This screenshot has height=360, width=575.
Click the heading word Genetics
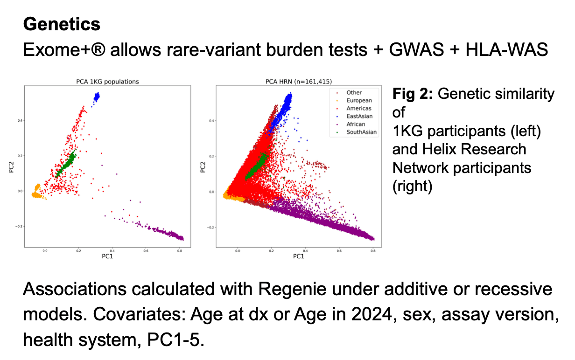click(x=62, y=24)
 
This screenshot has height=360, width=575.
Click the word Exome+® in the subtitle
click(x=66, y=49)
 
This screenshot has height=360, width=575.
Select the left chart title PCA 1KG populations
click(x=107, y=82)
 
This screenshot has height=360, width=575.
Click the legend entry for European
click(x=359, y=100)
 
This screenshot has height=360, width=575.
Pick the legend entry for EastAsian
click(x=359, y=116)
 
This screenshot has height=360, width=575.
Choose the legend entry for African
click(x=356, y=124)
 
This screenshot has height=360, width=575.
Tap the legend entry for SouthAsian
click(x=361, y=132)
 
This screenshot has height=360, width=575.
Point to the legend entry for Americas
click(x=359, y=108)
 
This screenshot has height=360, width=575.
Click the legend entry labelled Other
click(x=354, y=92)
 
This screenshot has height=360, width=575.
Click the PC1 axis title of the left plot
click(x=107, y=256)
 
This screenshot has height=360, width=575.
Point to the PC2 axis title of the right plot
click(x=203, y=166)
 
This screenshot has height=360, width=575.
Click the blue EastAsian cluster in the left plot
click(x=97, y=97)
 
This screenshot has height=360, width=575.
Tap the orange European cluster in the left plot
click(x=36, y=192)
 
